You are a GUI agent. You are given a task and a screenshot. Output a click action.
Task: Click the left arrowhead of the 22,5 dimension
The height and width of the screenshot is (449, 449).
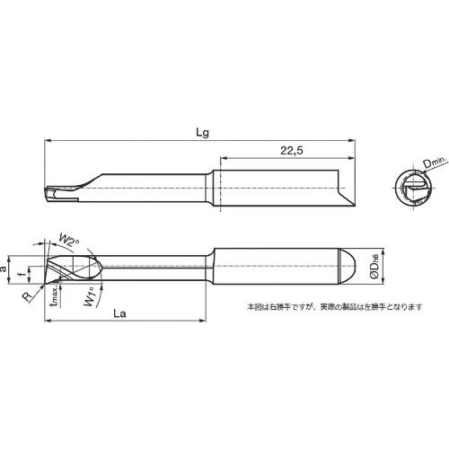pos(216,159)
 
